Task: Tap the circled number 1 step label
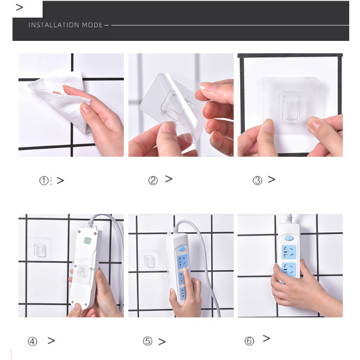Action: tap(44, 181)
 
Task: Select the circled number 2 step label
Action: tap(153, 181)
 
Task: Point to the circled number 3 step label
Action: tap(257, 181)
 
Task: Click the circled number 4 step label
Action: tap(32, 341)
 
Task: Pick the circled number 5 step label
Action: tap(148, 341)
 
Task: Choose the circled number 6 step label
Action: tap(249, 341)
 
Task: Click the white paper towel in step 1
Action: tap(62, 99)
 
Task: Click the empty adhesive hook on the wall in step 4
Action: tap(40, 249)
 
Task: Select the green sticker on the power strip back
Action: tap(87, 241)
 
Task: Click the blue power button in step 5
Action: tap(181, 249)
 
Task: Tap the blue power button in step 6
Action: tap(289, 238)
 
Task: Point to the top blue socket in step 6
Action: tap(289, 252)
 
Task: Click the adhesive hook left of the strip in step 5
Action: tap(149, 261)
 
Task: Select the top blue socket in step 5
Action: tap(183, 261)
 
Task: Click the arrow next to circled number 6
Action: tap(266, 338)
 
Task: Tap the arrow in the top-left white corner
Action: tap(19, 7)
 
